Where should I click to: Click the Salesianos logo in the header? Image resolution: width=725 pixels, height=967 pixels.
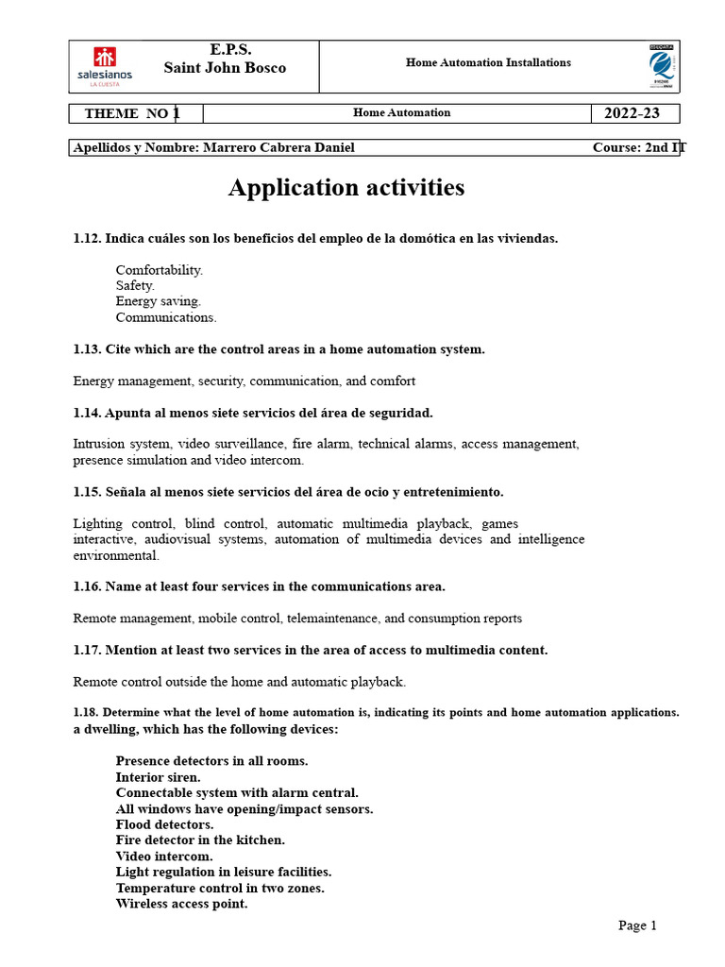105,66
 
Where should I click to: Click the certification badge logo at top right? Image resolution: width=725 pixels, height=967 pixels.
661,66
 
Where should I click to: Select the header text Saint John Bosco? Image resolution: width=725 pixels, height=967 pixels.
225,68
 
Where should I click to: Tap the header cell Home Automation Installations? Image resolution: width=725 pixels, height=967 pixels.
488,62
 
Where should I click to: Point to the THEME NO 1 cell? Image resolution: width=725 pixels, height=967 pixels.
131,113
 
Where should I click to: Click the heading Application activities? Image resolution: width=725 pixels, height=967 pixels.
346,188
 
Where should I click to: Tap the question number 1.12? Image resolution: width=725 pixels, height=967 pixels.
87,238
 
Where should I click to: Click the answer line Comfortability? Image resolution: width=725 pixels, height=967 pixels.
159,270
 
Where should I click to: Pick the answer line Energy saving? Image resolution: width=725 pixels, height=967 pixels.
158,301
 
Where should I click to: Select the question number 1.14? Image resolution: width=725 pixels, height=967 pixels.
87,413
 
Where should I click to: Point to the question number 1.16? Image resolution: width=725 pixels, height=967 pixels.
87,586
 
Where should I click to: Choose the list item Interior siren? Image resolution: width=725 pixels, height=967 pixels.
158,777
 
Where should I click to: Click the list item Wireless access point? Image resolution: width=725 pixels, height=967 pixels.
181,904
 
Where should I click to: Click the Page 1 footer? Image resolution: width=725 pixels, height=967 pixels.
637,925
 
